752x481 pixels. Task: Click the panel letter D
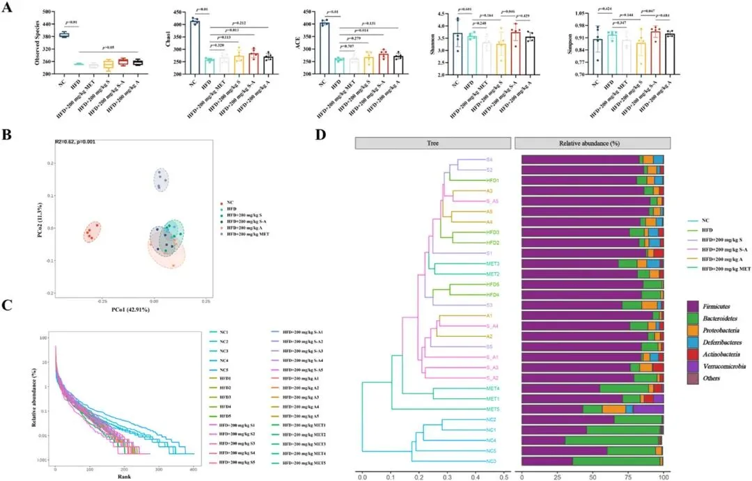322,132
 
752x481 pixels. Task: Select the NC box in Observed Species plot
63,34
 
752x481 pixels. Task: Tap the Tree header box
432,143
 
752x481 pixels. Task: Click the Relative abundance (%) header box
592,143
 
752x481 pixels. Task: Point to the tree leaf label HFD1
493,180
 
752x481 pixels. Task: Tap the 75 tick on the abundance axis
629,476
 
